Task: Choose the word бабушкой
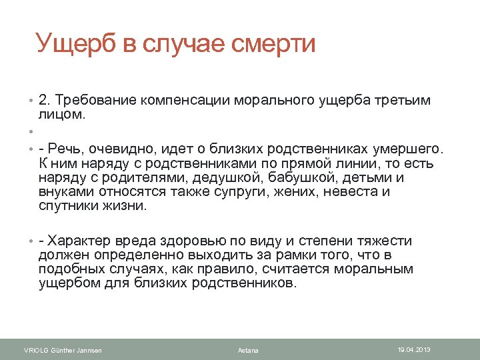pos(289,177)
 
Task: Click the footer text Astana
pos(248,351)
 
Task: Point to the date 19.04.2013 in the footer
pos(414,349)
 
